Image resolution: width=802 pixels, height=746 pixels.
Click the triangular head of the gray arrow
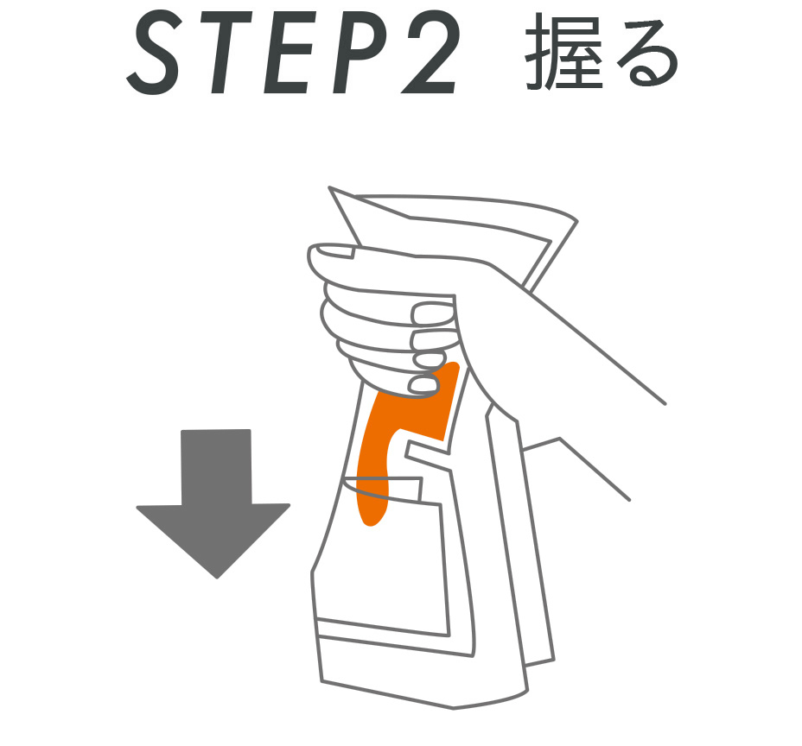click(x=214, y=539)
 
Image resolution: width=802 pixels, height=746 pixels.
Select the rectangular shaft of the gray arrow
click(x=216, y=466)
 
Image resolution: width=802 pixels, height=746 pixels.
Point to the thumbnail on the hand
click(x=336, y=252)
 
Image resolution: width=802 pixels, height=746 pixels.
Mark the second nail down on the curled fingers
click(x=430, y=338)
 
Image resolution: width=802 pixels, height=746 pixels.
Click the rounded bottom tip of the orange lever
click(x=372, y=515)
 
